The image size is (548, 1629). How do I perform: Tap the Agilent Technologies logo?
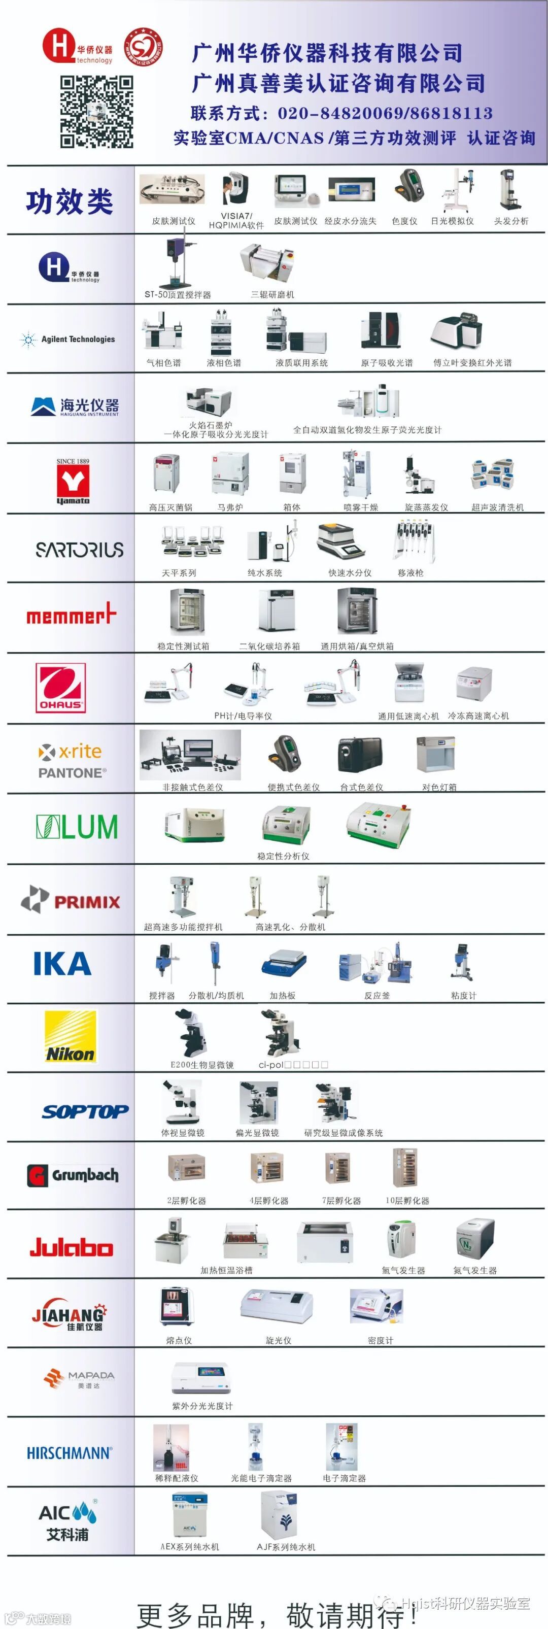pyautogui.click(x=68, y=339)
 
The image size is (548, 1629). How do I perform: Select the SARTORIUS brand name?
pyautogui.click(x=79, y=549)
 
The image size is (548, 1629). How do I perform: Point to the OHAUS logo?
pyautogui.click(x=61, y=688)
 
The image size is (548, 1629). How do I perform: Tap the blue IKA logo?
pyautogui.click(x=62, y=964)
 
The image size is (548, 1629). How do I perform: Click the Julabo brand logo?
pyautogui.click(x=72, y=1247)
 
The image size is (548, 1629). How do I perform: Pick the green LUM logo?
pyautogui.click(x=77, y=827)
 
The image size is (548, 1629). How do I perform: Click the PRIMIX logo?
pyautogui.click(x=71, y=900)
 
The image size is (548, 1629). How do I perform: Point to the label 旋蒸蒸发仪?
pyautogui.click(x=426, y=506)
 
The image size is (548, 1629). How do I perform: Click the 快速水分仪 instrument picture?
pyautogui.click(x=341, y=540)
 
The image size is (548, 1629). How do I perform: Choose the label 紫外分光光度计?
pyautogui.click(x=202, y=1405)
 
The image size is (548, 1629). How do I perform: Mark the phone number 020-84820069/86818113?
pyautogui.click(x=385, y=113)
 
